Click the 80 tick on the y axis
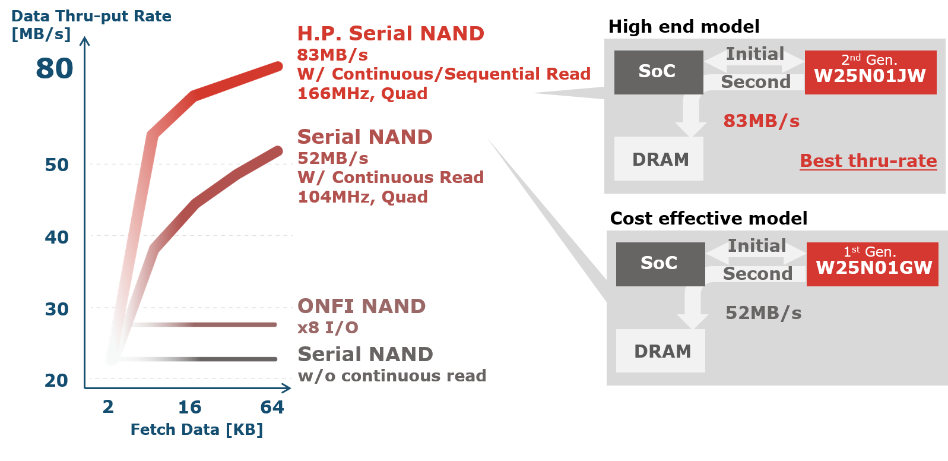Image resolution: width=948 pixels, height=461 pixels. coord(54,68)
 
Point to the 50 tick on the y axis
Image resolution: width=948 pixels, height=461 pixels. coord(57,165)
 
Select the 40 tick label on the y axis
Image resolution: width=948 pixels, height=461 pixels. coord(57,237)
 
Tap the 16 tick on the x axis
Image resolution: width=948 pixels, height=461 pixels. coord(190,407)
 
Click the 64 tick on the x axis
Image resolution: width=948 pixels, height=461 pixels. coord(272,407)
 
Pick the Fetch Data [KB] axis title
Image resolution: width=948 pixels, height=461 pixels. coord(196,430)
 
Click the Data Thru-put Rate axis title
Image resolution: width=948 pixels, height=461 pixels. coord(91,16)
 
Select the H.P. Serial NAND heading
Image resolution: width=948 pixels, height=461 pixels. coord(391,33)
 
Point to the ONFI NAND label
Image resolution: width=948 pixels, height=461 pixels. coord(362,306)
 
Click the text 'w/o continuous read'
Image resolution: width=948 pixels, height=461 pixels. coord(392,375)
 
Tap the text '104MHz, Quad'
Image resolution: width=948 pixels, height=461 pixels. coord(363,197)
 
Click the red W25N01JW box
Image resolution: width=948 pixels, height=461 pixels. coord(870,72)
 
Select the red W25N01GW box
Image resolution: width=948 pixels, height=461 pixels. coord(872,264)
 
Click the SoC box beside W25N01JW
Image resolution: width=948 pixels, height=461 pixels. coord(658,72)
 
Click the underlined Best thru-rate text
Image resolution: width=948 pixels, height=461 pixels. coord(868,160)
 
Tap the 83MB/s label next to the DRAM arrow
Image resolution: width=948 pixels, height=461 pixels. coord(761,121)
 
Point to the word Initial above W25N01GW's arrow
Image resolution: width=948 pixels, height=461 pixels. coord(757,245)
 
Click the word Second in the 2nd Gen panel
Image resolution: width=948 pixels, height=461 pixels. coord(755,81)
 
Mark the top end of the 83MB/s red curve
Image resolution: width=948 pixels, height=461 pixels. coord(279,66)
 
